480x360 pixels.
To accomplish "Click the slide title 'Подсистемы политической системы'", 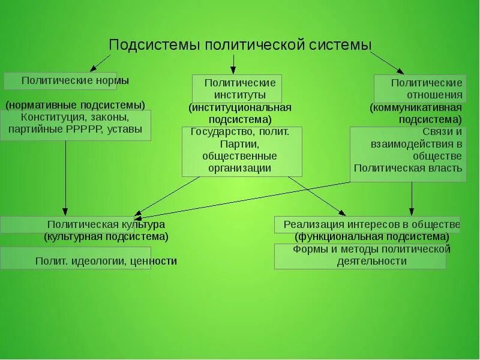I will pos(240,45).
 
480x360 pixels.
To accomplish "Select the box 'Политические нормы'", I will pos(75,80).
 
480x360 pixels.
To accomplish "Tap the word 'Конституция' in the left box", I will pos(48,118).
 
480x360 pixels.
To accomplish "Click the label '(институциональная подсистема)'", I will pos(240,113).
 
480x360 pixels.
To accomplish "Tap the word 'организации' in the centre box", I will pos(240,168).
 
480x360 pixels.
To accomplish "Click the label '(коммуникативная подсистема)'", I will pos(416,113).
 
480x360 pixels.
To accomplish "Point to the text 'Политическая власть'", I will pos(408,168).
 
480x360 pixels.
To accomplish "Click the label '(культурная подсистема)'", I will pos(106,236).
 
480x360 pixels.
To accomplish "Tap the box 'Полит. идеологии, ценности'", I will pos(106,261).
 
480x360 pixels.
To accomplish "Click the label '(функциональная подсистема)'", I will pos(368,236).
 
